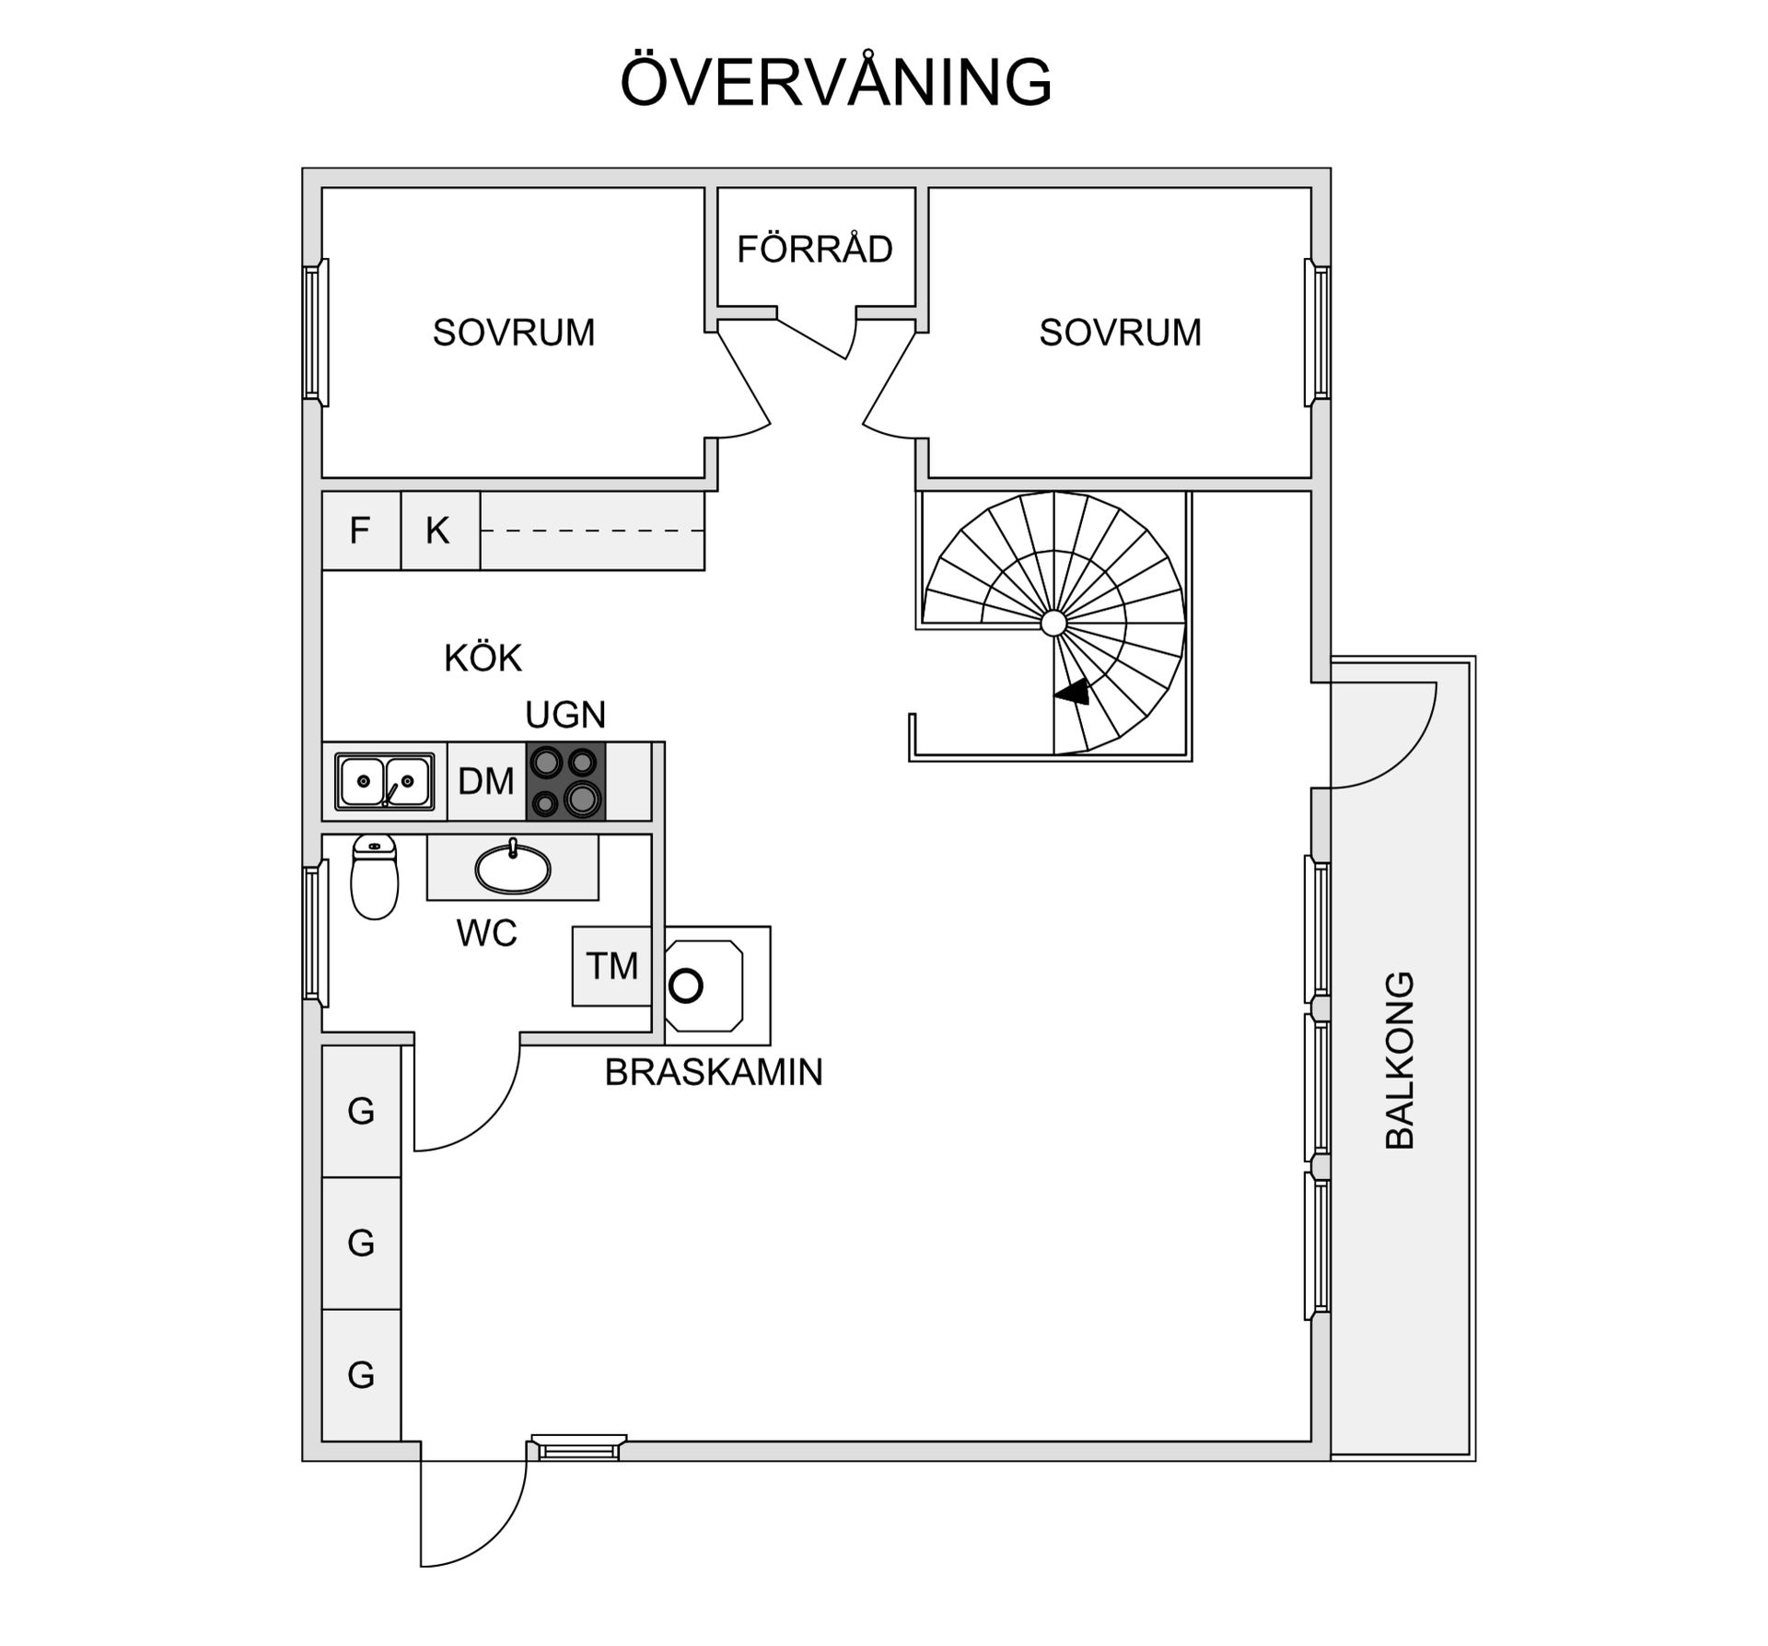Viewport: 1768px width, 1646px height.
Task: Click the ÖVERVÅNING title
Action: pyautogui.click(x=835, y=83)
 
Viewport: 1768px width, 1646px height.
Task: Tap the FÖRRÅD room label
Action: pyautogui.click(x=815, y=250)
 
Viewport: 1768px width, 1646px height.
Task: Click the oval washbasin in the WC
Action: pyautogui.click(x=513, y=869)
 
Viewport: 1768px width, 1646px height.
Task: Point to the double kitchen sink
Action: pyautogui.click(x=384, y=782)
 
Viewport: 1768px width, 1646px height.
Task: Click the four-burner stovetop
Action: pyautogui.click(x=565, y=781)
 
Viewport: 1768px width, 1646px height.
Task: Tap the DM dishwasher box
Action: pyautogui.click(x=486, y=781)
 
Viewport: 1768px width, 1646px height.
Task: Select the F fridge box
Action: pyautogui.click(x=360, y=531)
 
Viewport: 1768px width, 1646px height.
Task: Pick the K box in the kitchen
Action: pyautogui.click(x=438, y=531)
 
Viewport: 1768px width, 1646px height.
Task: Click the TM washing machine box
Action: pyautogui.click(x=611, y=966)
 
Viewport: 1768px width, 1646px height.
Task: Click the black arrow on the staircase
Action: pyautogui.click(x=1074, y=692)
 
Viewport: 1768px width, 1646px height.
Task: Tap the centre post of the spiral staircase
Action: pyautogui.click(x=1053, y=624)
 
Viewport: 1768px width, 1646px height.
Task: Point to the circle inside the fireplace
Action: pyautogui.click(x=686, y=986)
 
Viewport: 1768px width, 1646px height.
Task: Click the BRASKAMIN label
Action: pyautogui.click(x=714, y=1072)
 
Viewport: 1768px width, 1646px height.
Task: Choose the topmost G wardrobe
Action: pyautogui.click(x=361, y=1111)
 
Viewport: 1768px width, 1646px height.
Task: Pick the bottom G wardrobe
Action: pyautogui.click(x=361, y=1375)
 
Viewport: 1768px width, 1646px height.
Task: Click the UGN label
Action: pyautogui.click(x=565, y=715)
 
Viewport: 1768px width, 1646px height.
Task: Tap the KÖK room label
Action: pyautogui.click(x=483, y=659)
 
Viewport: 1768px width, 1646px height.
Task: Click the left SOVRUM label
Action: pyautogui.click(x=514, y=333)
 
